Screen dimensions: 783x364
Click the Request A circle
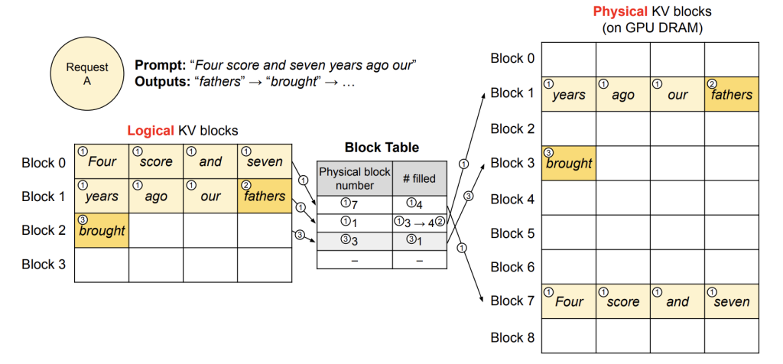point(87,74)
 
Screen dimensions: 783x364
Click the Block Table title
point(382,148)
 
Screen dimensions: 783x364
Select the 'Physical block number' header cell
point(355,178)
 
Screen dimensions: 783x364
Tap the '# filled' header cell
point(420,178)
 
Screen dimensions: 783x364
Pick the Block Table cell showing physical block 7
point(355,205)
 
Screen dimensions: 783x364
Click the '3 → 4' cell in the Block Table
point(420,223)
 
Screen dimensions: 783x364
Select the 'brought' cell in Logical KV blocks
point(102,230)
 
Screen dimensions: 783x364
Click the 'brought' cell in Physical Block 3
point(569,164)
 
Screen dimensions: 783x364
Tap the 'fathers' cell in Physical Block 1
point(732,94)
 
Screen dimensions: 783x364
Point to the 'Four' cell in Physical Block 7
point(569,301)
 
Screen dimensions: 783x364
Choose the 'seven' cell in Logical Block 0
point(265,162)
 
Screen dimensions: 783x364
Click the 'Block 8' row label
point(513,337)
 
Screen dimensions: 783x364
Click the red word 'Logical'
point(150,131)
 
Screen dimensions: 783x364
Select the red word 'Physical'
point(617,11)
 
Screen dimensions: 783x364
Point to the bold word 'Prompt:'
point(160,65)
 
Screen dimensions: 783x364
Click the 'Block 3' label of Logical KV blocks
point(44,264)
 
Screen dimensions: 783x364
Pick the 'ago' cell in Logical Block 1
point(156,197)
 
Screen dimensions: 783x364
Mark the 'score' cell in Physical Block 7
point(623,301)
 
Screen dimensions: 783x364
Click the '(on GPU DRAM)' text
point(652,28)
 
